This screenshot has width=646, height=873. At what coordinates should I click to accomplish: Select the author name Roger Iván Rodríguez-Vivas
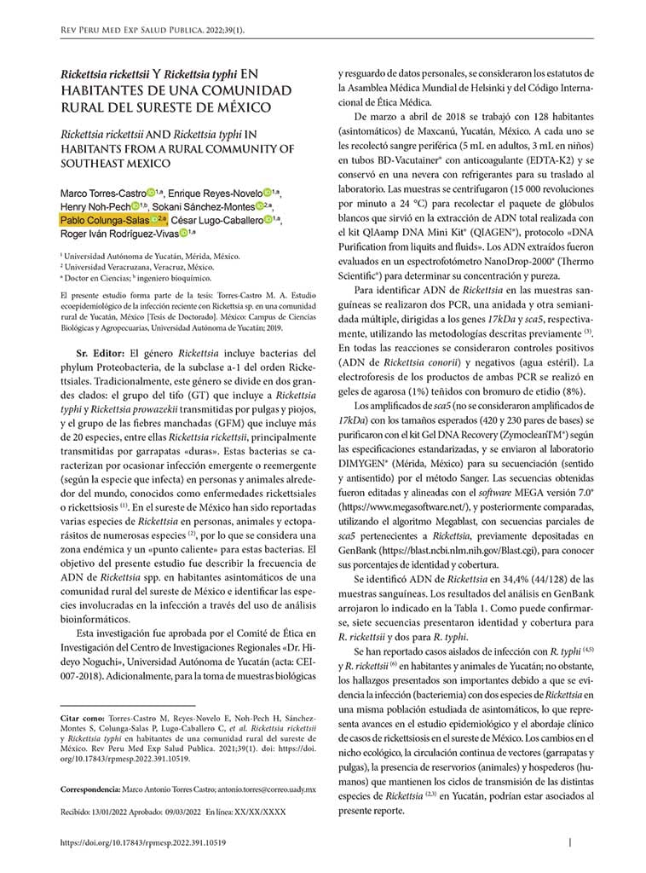(114, 232)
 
